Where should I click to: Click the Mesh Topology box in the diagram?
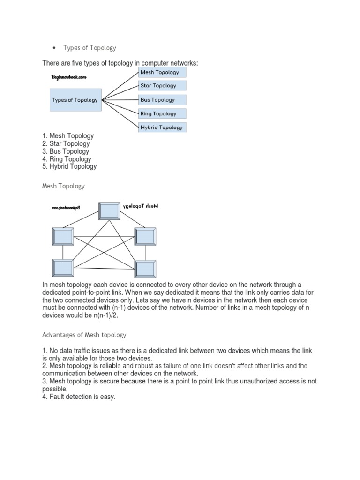coord(162,72)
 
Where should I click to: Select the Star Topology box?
coord(162,86)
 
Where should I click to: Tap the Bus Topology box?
coord(162,100)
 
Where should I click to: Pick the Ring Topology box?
coord(162,113)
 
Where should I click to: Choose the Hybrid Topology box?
coord(162,127)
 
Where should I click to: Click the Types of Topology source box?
coord(75,100)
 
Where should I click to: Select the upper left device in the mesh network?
coord(63,237)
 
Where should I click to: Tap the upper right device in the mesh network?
coord(145,236)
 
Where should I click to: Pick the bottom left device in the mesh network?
coord(63,268)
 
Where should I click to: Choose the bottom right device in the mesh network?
coord(145,269)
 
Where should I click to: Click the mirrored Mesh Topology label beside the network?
coord(144,206)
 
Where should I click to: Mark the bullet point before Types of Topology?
coord(55,48)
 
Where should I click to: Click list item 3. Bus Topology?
coord(66,151)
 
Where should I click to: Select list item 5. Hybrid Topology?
coord(69,166)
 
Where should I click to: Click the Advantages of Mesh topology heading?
coord(84,335)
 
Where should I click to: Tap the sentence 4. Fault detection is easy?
coord(79,397)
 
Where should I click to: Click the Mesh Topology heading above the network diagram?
coord(64,186)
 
